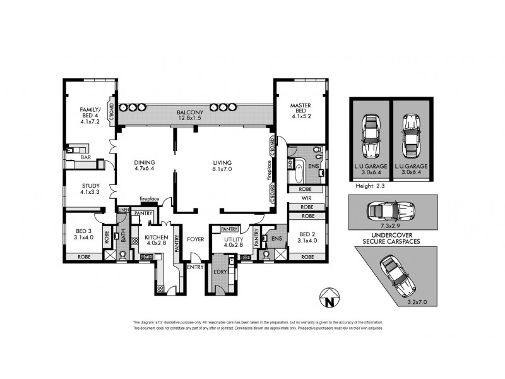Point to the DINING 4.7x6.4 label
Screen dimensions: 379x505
pyautogui.click(x=145, y=165)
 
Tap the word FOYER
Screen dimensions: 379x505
pyautogui.click(x=194, y=239)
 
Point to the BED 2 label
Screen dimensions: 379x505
pyautogui.click(x=307, y=238)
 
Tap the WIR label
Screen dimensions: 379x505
pyautogui.click(x=307, y=198)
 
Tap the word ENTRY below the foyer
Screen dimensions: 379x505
pyautogui.click(x=194, y=267)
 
